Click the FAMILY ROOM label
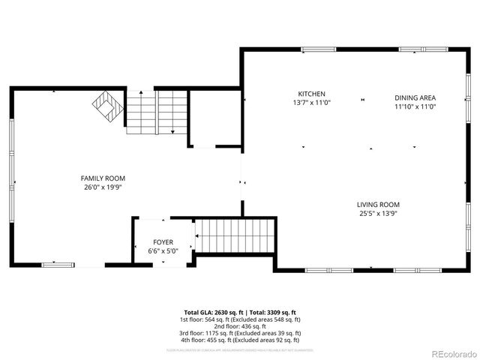pyautogui.click(x=103, y=178)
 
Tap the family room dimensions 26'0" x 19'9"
pyautogui.click(x=103, y=187)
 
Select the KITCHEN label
pyautogui.click(x=311, y=94)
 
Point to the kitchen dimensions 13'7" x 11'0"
pyautogui.click(x=311, y=103)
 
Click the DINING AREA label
pyautogui.click(x=415, y=97)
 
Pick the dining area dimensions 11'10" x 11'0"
pyautogui.click(x=415, y=106)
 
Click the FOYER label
pyautogui.click(x=163, y=242)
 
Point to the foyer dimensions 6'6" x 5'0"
pyautogui.click(x=163, y=251)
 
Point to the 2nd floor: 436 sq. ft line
pyautogui.click(x=240, y=326)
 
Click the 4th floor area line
pyautogui.click(x=240, y=340)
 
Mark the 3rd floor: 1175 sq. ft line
pyautogui.click(x=240, y=333)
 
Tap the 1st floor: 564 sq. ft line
pyautogui.click(x=240, y=319)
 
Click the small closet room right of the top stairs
pyautogui.click(x=213, y=117)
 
